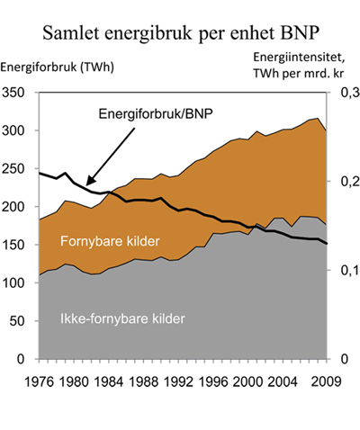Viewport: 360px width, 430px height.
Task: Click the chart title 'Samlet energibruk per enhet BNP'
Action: (x=180, y=35)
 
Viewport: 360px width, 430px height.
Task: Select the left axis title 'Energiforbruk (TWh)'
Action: (x=50, y=68)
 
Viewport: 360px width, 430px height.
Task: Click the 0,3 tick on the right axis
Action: (x=346, y=94)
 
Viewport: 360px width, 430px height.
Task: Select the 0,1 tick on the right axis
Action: (x=346, y=271)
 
